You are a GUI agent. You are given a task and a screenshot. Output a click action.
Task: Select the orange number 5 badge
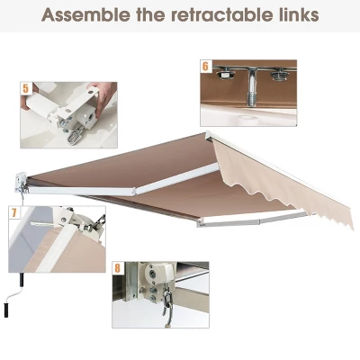coord(26,88)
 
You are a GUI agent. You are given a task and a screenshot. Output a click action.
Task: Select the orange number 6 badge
coord(205,66)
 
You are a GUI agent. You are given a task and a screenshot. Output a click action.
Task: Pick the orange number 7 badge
coord(14,213)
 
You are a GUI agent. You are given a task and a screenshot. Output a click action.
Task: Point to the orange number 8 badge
coord(118,267)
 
